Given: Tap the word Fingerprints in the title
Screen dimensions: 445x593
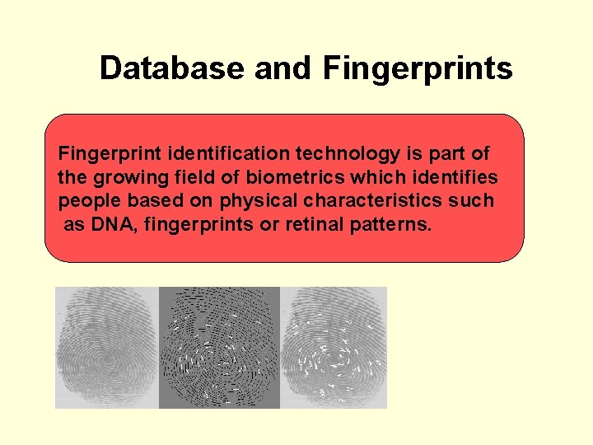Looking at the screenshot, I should [x=418, y=68].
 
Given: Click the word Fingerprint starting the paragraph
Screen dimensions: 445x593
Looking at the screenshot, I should [x=109, y=153].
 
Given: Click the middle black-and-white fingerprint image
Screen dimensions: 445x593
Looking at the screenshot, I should [x=219, y=347].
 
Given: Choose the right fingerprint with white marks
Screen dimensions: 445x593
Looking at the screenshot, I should [x=334, y=347].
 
